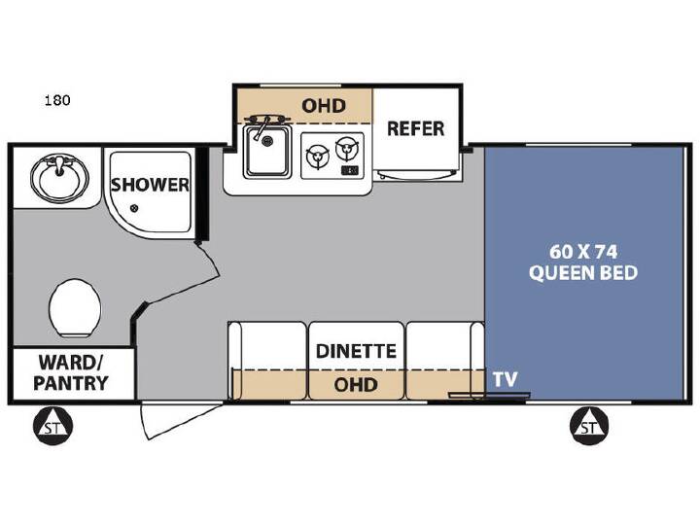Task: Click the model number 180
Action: coord(57,100)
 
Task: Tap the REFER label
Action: coord(416,128)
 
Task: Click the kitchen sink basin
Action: coord(267,152)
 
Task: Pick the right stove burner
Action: coord(347,149)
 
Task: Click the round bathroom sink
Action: coord(59,177)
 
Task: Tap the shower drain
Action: coord(134,208)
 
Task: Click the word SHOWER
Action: coord(150,185)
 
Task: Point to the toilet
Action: coord(75,308)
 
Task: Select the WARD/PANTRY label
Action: coord(71,372)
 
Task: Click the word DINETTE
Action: coord(356,351)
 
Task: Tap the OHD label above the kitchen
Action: coord(324,106)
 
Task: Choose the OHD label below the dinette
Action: coord(356,384)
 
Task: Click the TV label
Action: coord(505,379)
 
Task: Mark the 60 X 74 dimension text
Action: coord(583,252)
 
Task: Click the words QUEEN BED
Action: coord(583,272)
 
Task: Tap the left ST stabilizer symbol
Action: coord(52,426)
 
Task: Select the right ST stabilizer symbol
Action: coord(589,426)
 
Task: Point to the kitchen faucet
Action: coord(262,124)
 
